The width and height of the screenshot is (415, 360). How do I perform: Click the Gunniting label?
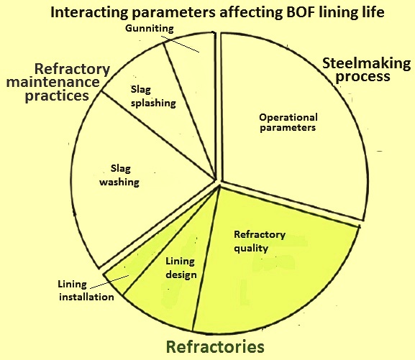(x=150, y=28)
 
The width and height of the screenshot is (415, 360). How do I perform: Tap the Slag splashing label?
(x=153, y=96)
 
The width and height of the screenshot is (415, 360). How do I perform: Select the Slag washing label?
(x=119, y=175)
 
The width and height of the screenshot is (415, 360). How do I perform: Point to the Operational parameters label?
(x=288, y=122)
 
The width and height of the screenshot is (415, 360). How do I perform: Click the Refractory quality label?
(x=260, y=241)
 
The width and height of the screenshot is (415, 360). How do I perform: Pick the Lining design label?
(x=181, y=268)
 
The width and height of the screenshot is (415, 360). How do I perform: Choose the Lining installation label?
(x=86, y=291)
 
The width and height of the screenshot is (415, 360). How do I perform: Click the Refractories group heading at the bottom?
(x=215, y=346)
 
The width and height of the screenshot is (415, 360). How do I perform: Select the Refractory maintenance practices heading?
(x=58, y=82)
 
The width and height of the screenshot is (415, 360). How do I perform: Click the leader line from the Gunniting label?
(x=181, y=45)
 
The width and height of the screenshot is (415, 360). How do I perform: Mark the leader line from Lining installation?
(x=109, y=282)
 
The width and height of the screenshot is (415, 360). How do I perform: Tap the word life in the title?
(x=373, y=12)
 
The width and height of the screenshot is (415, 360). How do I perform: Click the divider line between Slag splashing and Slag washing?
(x=158, y=136)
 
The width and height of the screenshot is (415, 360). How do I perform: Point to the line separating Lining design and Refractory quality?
(x=206, y=258)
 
